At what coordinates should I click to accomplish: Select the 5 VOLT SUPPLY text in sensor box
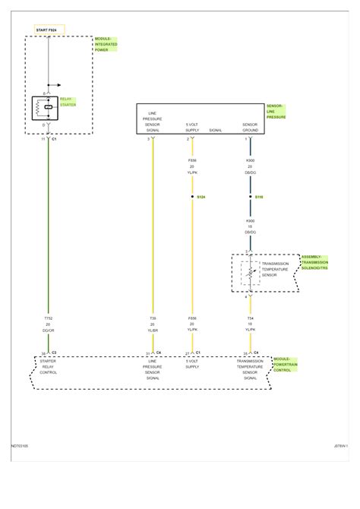[x=193, y=127]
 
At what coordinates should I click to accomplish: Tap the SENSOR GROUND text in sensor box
[x=250, y=127]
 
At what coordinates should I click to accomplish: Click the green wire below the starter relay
[x=49, y=228]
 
